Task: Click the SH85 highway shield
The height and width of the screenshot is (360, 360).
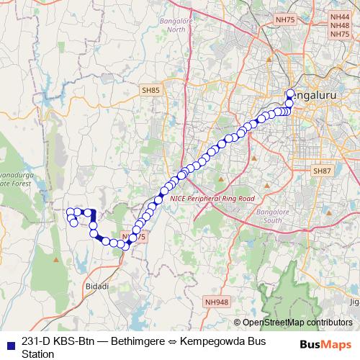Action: point(150,90)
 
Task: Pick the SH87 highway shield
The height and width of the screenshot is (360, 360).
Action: point(321,171)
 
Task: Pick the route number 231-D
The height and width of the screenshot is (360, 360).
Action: point(36,341)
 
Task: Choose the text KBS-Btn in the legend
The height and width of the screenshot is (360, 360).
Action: point(75,341)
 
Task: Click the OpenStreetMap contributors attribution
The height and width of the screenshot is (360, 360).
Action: point(297,323)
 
